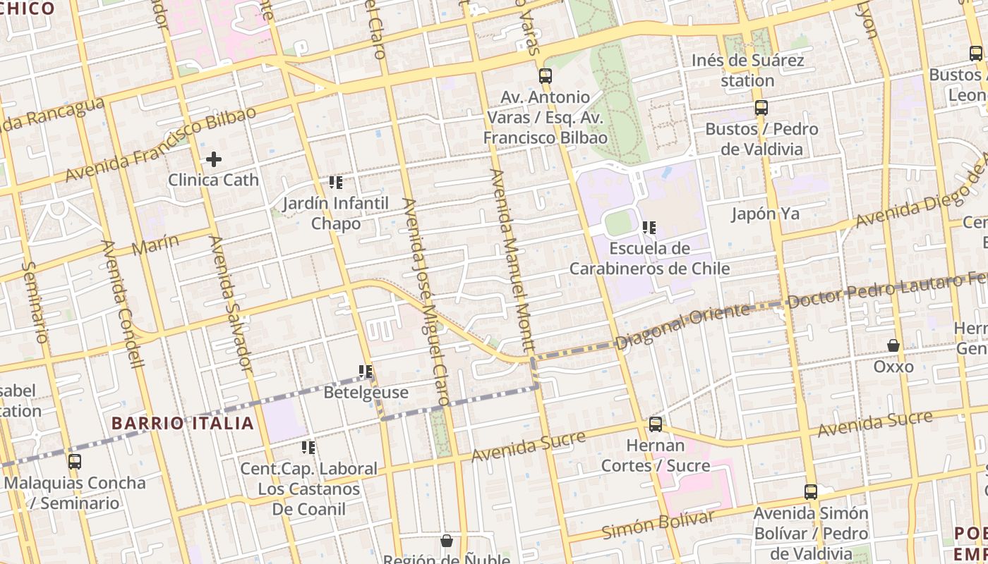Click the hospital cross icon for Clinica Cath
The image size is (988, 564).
click(x=214, y=160)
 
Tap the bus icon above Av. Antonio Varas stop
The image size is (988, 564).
click(x=545, y=76)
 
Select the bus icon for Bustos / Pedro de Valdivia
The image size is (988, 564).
click(x=761, y=108)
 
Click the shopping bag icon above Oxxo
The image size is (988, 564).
click(x=893, y=345)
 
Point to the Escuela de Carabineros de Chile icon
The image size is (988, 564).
click(x=649, y=228)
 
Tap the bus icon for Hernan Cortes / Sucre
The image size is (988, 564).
click(x=656, y=424)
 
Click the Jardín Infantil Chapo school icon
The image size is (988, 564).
click(x=336, y=183)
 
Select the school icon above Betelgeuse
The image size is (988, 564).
click(x=366, y=372)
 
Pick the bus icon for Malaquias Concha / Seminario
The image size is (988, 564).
click(x=75, y=462)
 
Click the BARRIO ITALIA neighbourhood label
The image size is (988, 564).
click(x=183, y=424)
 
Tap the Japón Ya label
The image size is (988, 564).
click(x=765, y=214)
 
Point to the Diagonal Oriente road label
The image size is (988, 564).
click(x=682, y=326)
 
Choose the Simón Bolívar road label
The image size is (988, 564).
click(x=657, y=525)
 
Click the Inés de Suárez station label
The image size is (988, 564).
click(x=747, y=70)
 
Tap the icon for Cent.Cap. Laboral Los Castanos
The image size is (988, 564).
click(x=308, y=448)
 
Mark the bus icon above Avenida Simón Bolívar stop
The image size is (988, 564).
click(x=811, y=492)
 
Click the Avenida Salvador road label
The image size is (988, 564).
click(x=230, y=303)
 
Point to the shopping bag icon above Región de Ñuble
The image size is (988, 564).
click(x=446, y=541)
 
